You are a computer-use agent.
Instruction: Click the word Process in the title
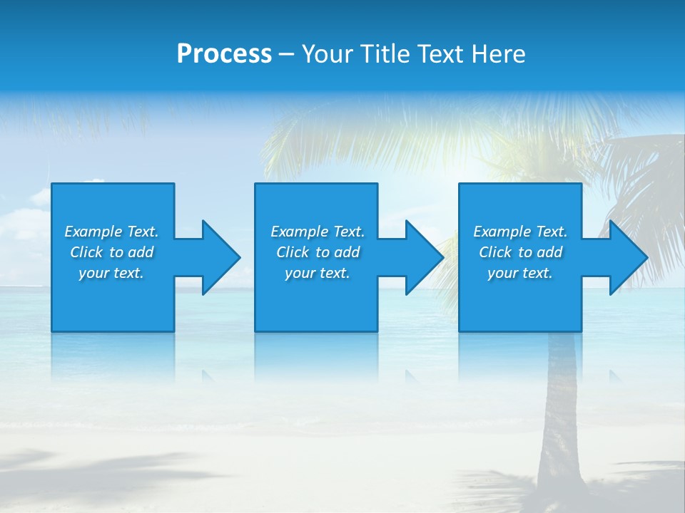click(x=224, y=54)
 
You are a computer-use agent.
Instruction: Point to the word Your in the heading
click(x=327, y=54)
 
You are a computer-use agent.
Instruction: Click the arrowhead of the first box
click(x=221, y=257)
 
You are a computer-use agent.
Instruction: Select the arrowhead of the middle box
click(x=425, y=257)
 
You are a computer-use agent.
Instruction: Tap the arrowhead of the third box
click(x=628, y=257)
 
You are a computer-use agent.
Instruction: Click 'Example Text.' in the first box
click(x=111, y=232)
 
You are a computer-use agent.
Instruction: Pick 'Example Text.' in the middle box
click(x=318, y=232)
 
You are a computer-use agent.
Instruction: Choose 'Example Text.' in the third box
click(x=520, y=232)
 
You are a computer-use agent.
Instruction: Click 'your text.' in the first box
click(x=111, y=273)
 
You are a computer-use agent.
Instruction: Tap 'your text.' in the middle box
click(x=318, y=273)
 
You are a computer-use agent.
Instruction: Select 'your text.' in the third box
click(x=520, y=273)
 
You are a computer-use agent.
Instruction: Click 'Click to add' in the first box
click(x=111, y=252)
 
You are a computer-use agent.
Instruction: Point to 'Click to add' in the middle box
click(x=318, y=252)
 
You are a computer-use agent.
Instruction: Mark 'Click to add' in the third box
click(x=520, y=252)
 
